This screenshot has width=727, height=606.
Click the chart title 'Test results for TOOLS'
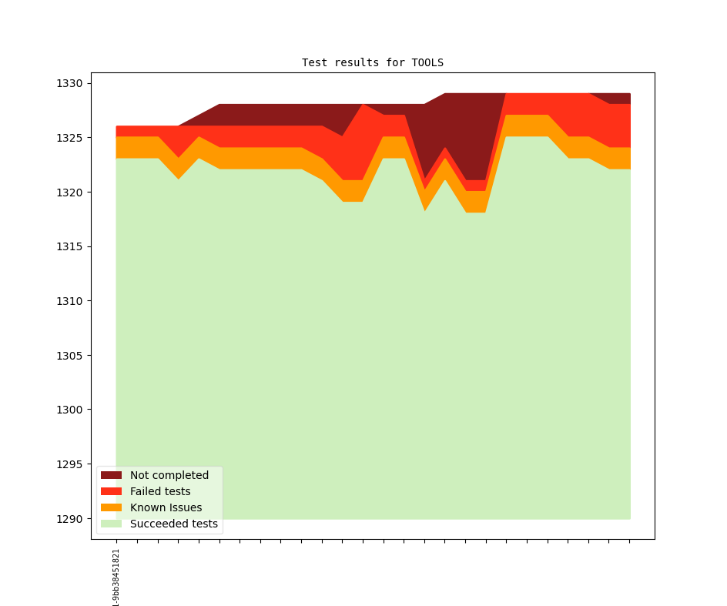click(x=372, y=62)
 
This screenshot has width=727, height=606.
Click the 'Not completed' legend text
click(x=169, y=476)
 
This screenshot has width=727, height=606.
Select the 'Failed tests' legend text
click(x=160, y=492)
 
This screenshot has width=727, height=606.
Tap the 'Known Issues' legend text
click(x=166, y=508)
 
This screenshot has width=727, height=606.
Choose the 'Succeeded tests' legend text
click(x=173, y=524)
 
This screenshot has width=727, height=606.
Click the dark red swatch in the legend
click(x=111, y=476)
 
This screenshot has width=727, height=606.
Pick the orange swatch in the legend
click(x=111, y=508)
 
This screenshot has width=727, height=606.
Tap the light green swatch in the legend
click(x=111, y=524)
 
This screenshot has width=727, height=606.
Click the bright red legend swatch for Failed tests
click(x=111, y=492)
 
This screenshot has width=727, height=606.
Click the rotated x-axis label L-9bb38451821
click(x=116, y=577)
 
